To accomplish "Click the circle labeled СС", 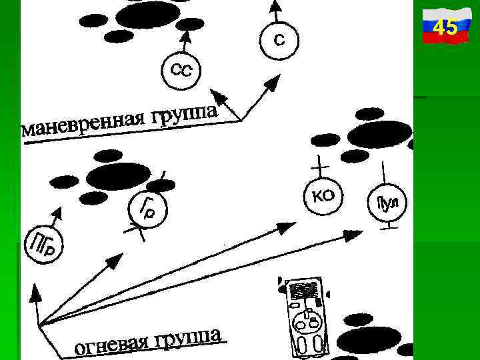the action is (x=181, y=70).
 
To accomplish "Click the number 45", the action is (x=445, y=28).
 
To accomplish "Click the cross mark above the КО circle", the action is (x=321, y=162).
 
